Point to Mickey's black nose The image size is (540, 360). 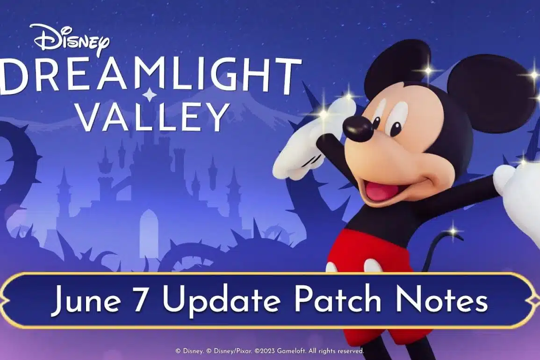point(358,128)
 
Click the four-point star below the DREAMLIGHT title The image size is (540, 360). point(149,95)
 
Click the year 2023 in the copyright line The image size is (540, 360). point(268,351)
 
